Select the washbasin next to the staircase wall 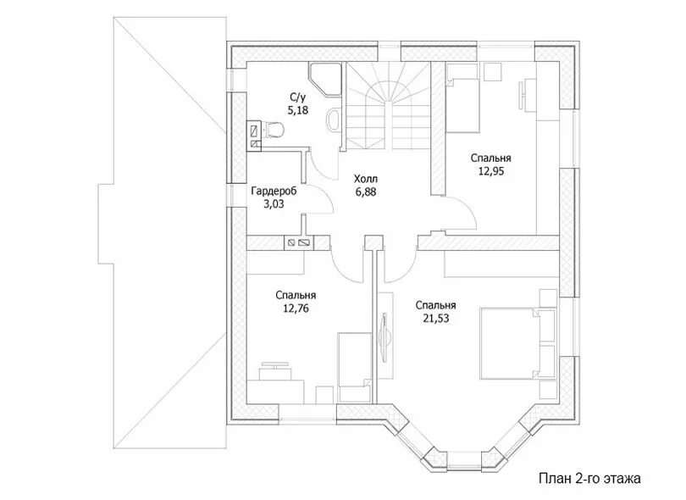click(x=335, y=119)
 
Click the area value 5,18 click(x=298, y=110)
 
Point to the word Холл click(x=366, y=179)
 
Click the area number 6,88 click(x=366, y=192)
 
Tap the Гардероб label click(x=274, y=192)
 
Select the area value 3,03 click(x=274, y=203)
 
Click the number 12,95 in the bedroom click(x=491, y=171)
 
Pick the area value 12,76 click(x=296, y=308)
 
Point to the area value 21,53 click(x=436, y=319)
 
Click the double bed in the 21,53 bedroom click(x=517, y=343)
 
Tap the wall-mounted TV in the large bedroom click(x=385, y=336)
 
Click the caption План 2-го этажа click(x=589, y=478)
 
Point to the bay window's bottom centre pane click(x=464, y=458)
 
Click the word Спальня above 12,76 click(x=296, y=296)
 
